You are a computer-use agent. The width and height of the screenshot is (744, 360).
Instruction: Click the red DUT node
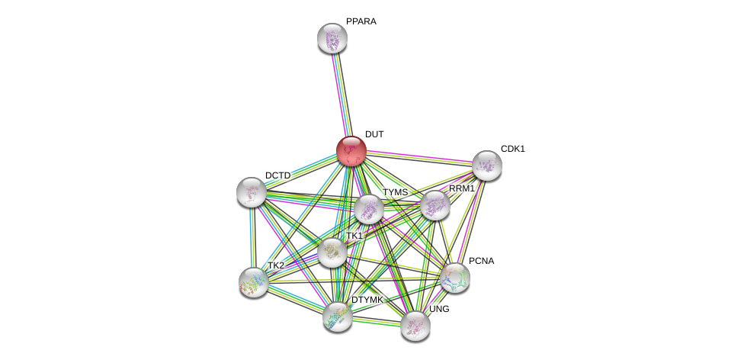point(351,151)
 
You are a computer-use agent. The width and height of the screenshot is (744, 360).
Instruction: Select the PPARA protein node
point(332,38)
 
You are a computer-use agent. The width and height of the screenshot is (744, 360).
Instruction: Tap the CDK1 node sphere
point(486,165)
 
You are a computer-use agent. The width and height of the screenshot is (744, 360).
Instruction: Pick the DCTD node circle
point(252,192)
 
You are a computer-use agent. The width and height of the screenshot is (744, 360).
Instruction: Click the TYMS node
point(368,209)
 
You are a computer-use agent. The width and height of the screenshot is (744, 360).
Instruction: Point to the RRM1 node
point(435,205)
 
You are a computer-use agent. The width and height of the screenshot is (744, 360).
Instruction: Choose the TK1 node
point(332,252)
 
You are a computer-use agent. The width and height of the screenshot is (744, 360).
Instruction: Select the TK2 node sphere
point(254,282)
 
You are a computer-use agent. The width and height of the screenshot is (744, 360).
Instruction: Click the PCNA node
point(455,278)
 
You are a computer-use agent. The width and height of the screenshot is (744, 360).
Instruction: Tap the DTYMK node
point(337,316)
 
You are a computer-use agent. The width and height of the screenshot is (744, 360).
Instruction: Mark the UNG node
point(415,326)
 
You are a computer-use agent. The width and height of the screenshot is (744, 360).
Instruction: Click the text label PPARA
point(361,21)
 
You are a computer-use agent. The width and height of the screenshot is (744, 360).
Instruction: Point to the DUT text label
point(374,134)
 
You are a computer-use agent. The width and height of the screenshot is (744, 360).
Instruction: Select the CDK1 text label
point(512,149)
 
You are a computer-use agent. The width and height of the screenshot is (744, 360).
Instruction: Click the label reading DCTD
point(277,175)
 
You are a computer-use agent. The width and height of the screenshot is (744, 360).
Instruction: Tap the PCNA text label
point(481,261)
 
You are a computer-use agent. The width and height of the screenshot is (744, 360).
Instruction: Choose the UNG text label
point(439,309)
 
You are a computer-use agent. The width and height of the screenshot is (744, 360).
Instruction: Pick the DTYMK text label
point(367,300)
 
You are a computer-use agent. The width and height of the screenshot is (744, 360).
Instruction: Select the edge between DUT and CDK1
point(419,158)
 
